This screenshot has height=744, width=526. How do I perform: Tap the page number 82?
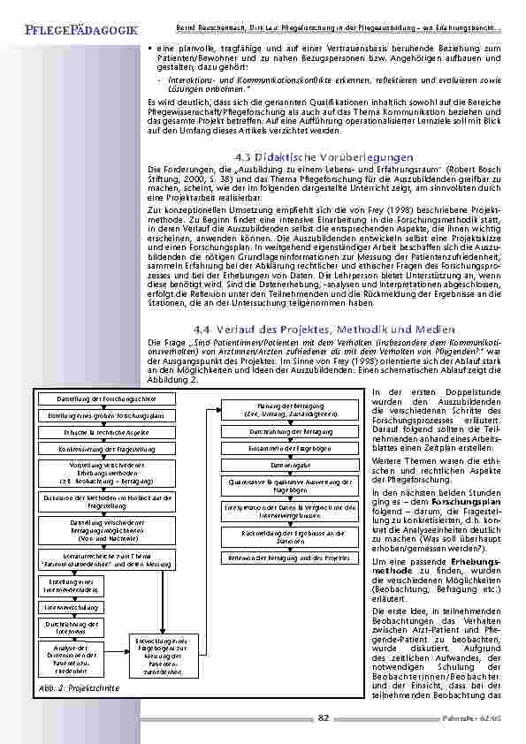coord(324,717)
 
